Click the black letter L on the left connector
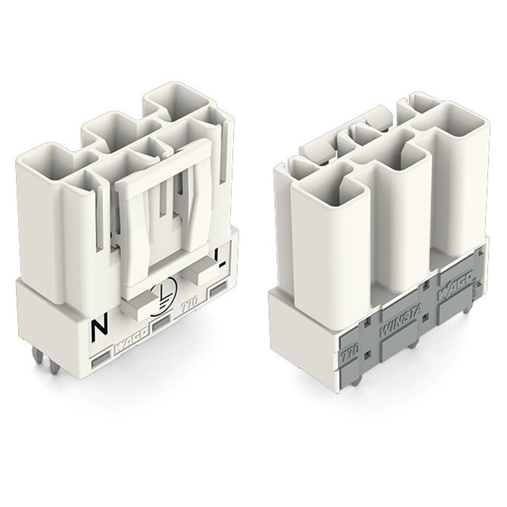pyautogui.click(x=219, y=255)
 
